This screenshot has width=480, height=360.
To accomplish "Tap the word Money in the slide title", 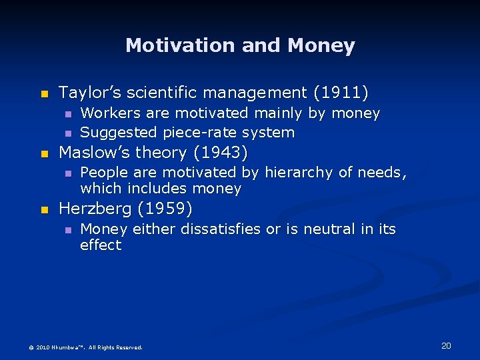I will click(x=322, y=45).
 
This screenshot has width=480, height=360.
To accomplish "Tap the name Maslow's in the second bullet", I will click(x=93, y=153).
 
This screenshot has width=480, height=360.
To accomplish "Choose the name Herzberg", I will click(x=95, y=209).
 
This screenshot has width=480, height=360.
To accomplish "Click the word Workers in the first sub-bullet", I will click(x=107, y=113).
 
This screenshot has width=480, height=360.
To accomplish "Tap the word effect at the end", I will click(x=101, y=245).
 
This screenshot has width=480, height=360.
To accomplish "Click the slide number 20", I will click(x=446, y=345).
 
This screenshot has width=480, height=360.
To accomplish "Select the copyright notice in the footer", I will click(x=85, y=347).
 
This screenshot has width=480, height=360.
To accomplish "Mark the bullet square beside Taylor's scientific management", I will click(x=45, y=93).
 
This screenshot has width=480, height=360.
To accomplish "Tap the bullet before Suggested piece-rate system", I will click(x=67, y=133).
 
